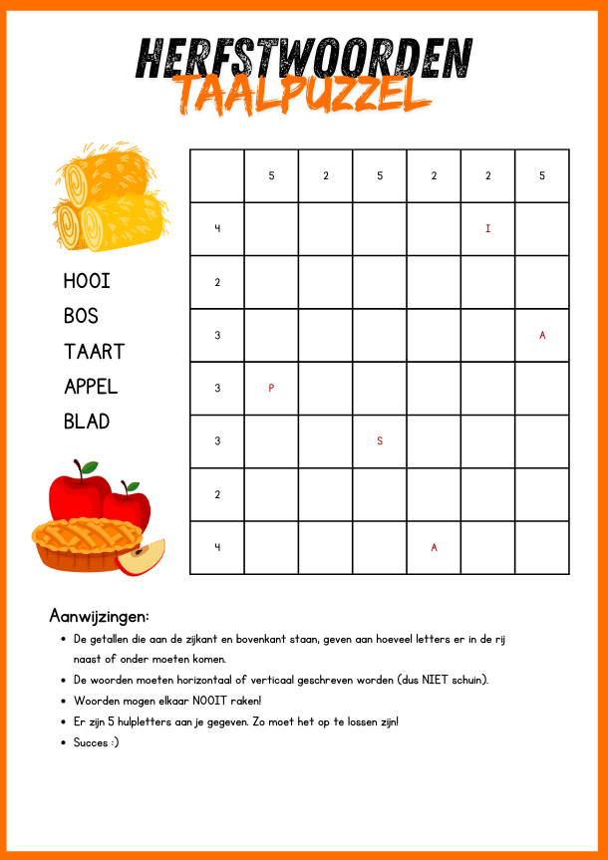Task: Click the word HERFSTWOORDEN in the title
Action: [303, 58]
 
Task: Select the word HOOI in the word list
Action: [87, 281]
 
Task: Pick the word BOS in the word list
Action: [81, 316]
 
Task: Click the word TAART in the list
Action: [95, 351]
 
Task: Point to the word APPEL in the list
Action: [91, 387]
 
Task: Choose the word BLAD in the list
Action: [87, 422]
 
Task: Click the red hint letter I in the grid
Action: [487, 229]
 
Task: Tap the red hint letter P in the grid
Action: [271, 389]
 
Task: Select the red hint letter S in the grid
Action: [379, 441]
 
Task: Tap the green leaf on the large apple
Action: [89, 466]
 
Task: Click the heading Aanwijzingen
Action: [99, 616]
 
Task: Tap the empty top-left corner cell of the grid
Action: [216, 176]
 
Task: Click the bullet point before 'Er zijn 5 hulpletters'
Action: [63, 721]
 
